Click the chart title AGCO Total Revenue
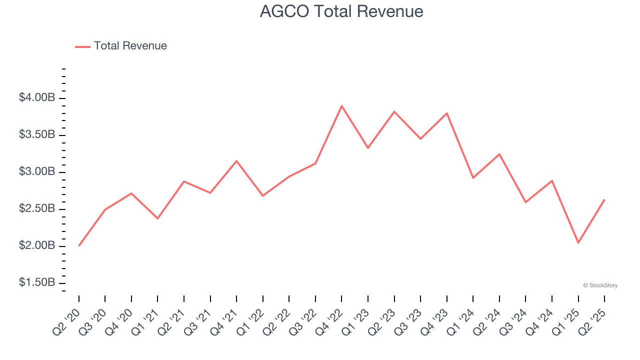coord(341,11)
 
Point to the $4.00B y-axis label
coord(37,97)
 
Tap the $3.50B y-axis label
coord(37,134)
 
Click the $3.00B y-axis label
coord(37,171)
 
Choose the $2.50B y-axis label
coord(37,208)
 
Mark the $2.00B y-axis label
coord(37,245)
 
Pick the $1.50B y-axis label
coord(37,282)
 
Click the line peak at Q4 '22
coord(341,106)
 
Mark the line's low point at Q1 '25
coord(578,242)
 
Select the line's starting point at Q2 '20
coord(79,245)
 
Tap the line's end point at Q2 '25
coord(604,200)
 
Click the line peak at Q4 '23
coord(446,113)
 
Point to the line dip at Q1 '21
coord(157,218)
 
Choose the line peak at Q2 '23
coord(394,111)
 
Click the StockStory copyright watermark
coord(600,285)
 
